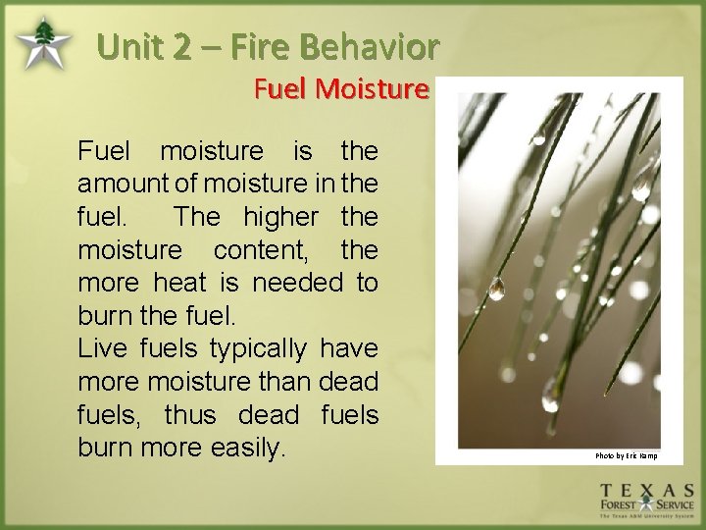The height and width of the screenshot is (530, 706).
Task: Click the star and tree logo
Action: [43, 43]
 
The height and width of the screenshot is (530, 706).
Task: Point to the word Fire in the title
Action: [260, 46]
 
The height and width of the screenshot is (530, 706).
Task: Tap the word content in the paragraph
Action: [260, 250]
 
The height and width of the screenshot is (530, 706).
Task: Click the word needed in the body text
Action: [298, 284]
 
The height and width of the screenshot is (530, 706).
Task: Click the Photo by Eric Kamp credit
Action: [626, 455]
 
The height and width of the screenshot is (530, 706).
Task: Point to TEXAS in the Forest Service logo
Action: [647, 491]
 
